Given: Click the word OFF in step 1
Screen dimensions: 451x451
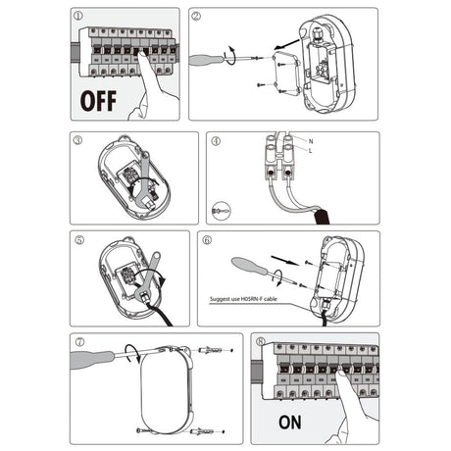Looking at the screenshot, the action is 98,101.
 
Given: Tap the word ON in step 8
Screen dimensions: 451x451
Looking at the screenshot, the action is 290,422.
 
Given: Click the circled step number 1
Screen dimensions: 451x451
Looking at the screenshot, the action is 78,16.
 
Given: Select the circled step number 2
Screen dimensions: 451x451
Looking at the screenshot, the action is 196,16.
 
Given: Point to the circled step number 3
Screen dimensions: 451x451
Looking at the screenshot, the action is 77,140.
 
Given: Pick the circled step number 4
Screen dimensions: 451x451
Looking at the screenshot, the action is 216,141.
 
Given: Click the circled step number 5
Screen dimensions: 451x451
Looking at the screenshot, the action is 79,240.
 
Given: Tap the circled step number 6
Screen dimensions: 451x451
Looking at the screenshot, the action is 207,240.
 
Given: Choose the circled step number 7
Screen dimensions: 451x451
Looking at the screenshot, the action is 79,342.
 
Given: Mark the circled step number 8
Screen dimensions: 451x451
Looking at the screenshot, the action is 261,341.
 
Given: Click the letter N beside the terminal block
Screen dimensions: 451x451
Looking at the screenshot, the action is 311,141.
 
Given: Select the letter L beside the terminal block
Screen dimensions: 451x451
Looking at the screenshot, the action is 310,151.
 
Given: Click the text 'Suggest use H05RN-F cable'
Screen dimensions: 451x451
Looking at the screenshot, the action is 243,299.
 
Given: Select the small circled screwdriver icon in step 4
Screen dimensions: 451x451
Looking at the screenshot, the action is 222,210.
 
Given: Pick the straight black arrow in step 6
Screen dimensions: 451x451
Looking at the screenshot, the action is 285,261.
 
